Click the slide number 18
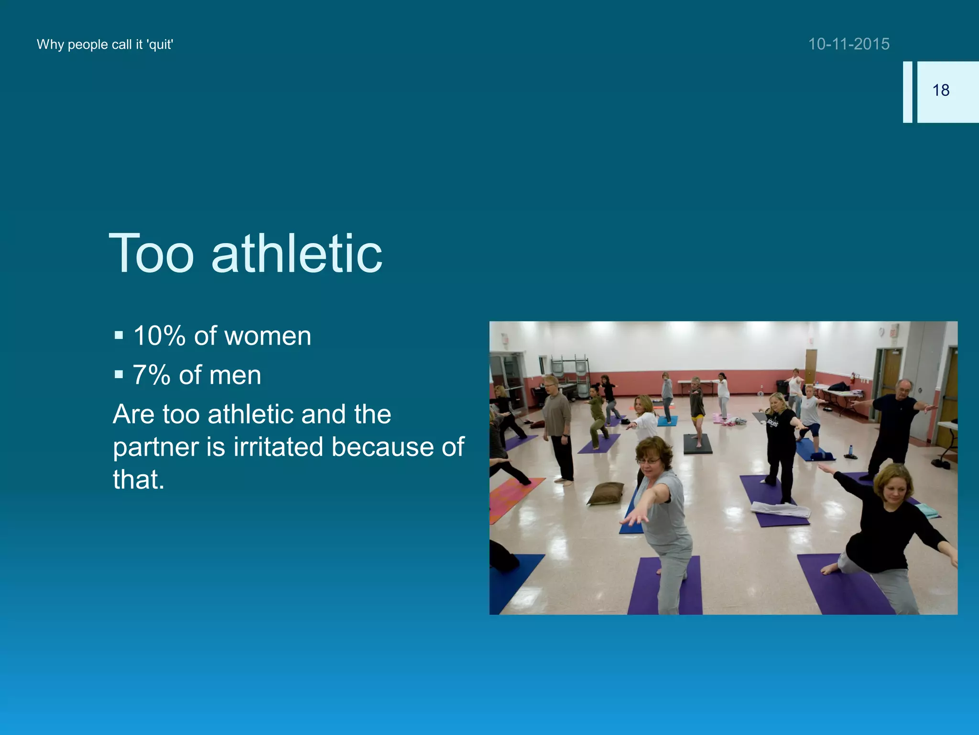[x=940, y=90]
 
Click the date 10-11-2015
[x=848, y=44]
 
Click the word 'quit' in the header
[x=160, y=45]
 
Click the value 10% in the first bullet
[x=159, y=336]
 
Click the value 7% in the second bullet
[x=151, y=375]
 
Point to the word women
[x=268, y=336]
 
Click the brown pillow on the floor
[x=606, y=493]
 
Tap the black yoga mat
[x=697, y=444]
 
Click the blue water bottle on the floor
[x=850, y=450]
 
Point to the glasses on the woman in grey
[x=649, y=461]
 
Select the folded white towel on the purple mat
[x=781, y=509]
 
